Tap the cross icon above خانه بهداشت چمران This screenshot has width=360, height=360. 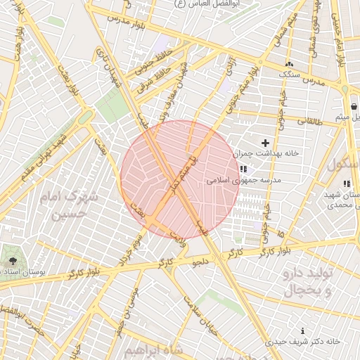265,143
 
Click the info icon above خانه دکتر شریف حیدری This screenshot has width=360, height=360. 302,330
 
